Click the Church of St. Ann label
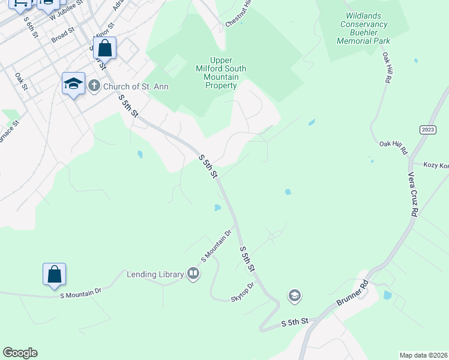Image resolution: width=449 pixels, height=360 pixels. [x=136, y=86]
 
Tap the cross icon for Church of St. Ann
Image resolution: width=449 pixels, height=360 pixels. [x=94, y=86]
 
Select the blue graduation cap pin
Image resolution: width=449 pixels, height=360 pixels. [x=73, y=84]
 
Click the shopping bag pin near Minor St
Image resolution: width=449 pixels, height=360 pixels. [x=105, y=48]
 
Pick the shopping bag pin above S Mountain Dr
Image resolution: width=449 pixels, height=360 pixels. [x=54, y=274]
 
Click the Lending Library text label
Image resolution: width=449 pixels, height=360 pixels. [x=155, y=275]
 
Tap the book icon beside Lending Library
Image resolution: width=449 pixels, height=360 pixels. [x=193, y=274]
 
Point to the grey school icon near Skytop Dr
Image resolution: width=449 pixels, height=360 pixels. [x=294, y=296]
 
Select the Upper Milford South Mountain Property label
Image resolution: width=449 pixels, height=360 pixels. [x=221, y=73]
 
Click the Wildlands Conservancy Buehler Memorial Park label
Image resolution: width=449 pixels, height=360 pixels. [x=363, y=29]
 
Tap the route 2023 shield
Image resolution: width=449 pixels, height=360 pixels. [x=427, y=130]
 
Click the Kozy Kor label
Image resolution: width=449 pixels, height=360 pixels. [x=436, y=165]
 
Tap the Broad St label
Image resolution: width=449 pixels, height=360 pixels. [x=62, y=35]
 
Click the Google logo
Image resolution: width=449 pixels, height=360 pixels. [x=20, y=353]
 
